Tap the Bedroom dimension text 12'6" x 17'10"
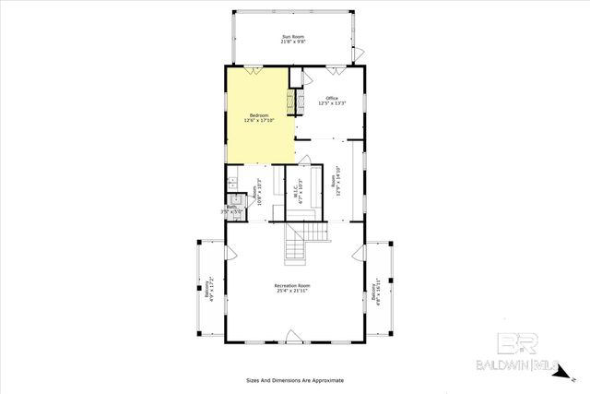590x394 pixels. pos(259,120)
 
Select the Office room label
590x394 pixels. pos(332,99)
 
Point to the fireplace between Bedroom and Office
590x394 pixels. pos(298,101)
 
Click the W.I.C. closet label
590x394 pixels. pos(296,189)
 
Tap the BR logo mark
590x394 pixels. pos(516,343)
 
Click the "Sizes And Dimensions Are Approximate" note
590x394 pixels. pos(294,379)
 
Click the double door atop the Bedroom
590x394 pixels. pos(251,67)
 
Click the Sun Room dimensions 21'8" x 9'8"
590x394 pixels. pos(292,42)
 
